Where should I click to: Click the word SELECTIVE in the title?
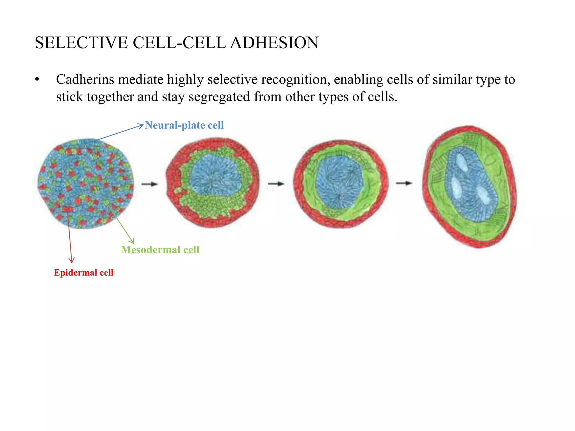[x=81, y=43]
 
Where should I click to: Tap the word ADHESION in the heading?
[x=274, y=43]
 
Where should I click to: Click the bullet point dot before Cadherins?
[x=37, y=80]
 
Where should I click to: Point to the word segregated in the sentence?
[x=219, y=97]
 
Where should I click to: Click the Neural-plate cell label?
[x=184, y=125]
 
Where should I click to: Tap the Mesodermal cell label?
[x=160, y=250]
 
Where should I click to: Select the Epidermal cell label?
[x=83, y=273]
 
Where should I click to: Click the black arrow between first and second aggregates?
[x=150, y=184]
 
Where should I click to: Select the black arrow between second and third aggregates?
[x=276, y=184]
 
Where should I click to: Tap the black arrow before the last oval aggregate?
[x=404, y=183]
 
